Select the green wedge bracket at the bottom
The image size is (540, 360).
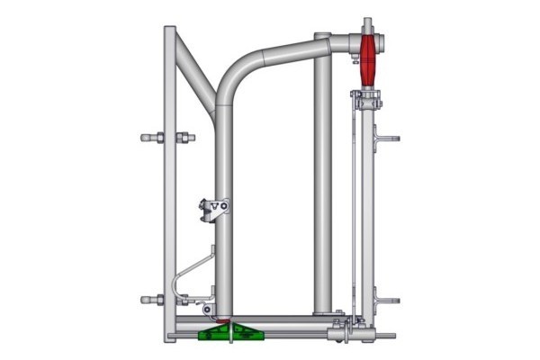tap(231, 335)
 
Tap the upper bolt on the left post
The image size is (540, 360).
tap(167, 138)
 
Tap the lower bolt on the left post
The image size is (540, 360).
tap(167, 300)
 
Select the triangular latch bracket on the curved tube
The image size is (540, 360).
tap(215, 209)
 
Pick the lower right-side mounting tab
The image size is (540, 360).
tap(389, 301)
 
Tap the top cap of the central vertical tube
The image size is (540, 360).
tap(322, 36)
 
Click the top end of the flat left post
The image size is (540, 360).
tap(169, 30)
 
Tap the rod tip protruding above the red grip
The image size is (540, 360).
tap(368, 21)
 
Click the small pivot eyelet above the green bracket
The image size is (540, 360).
tap(209, 310)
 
